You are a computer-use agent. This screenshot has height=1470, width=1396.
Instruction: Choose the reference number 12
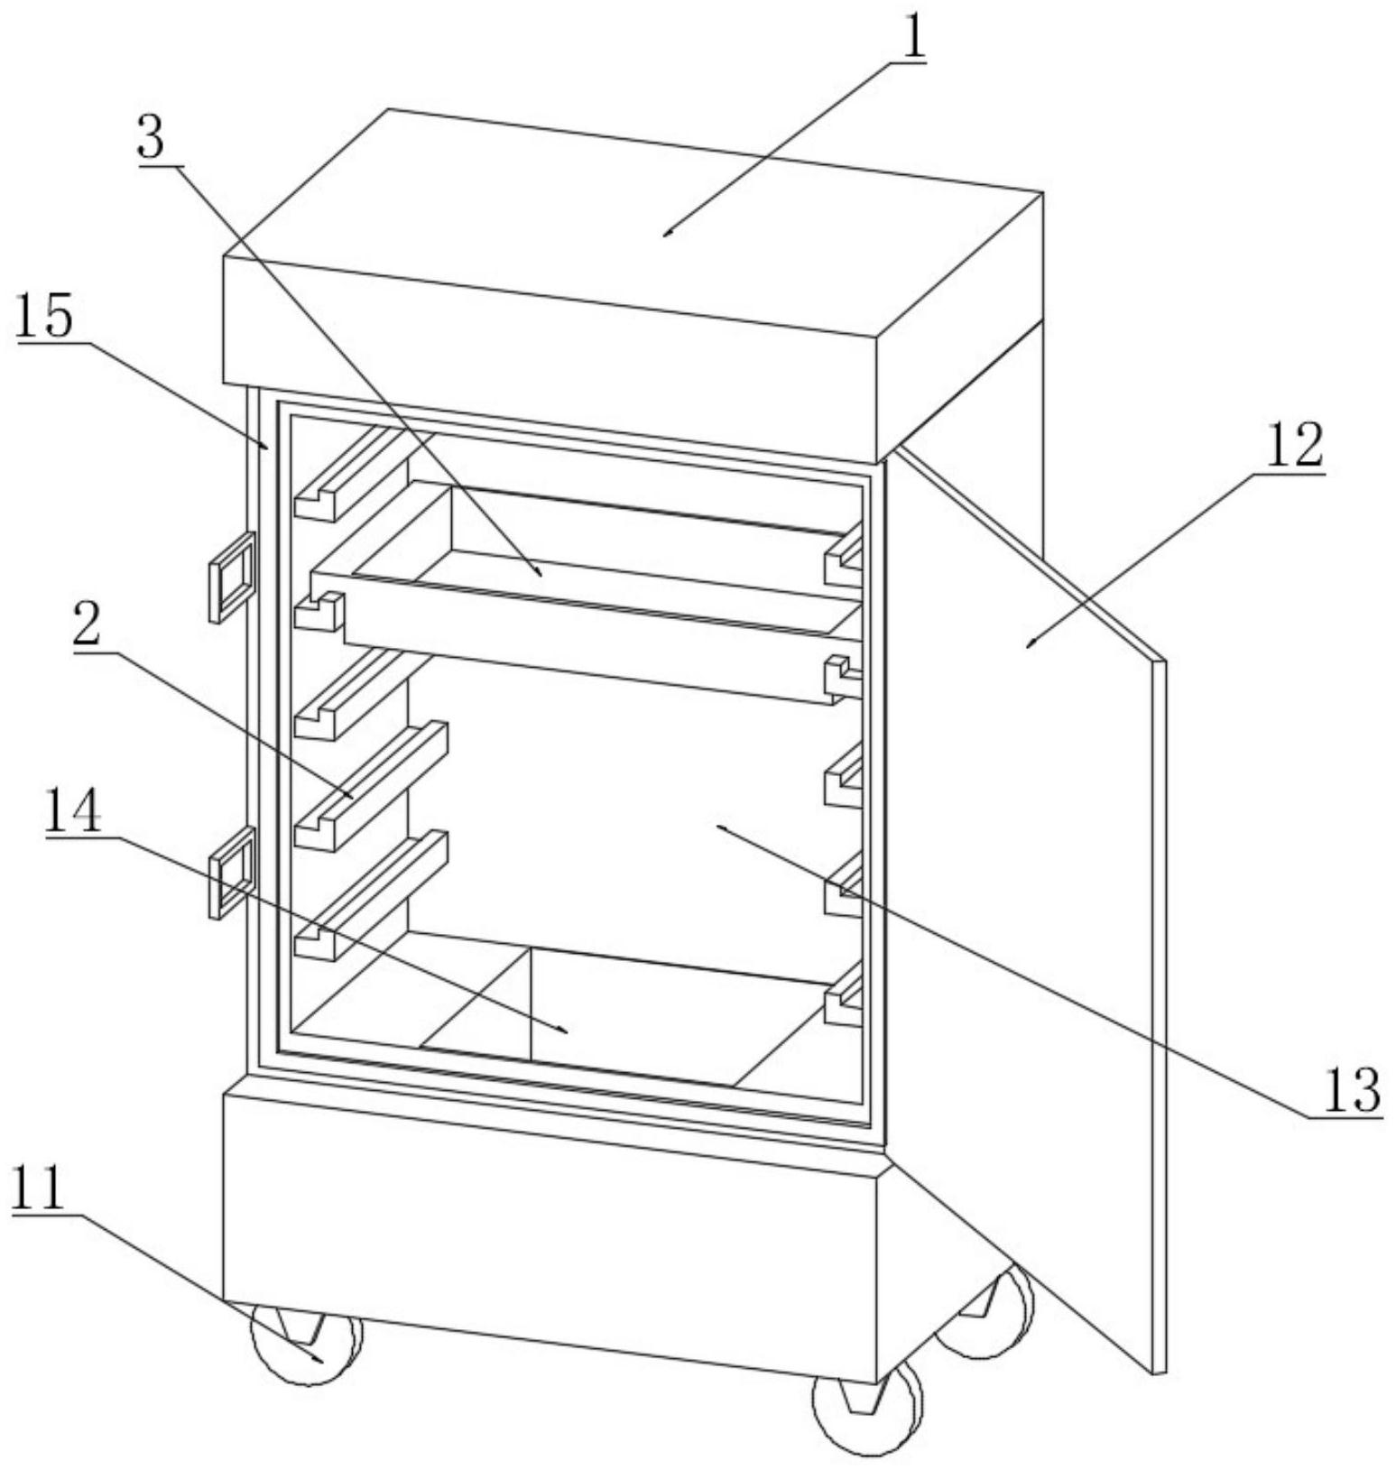click(x=1295, y=444)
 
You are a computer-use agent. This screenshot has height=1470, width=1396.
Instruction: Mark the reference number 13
click(x=1351, y=1089)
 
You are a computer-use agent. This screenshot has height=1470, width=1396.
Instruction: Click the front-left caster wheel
click(x=307, y=1345)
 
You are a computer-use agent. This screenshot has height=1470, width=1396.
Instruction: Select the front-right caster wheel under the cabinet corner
click(x=866, y=1412)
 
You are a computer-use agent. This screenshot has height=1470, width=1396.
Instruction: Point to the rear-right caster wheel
click(x=988, y=1313)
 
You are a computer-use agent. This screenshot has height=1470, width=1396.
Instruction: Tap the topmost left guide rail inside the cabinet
click(x=352, y=474)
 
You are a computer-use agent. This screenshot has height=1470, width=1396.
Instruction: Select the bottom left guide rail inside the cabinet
click(x=370, y=893)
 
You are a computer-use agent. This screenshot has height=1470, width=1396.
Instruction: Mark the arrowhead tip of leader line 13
click(x=716, y=825)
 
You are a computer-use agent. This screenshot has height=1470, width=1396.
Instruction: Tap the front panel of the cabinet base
click(x=550, y=1236)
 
